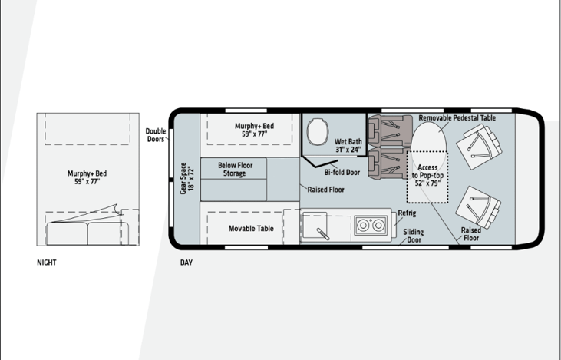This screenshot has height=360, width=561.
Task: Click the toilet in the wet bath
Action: (318, 132)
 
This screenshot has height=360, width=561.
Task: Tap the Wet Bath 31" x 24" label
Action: (348, 145)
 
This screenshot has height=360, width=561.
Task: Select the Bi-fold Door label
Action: (342, 172)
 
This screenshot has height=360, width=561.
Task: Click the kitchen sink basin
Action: (315, 226)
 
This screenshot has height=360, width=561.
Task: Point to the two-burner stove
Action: (371, 225)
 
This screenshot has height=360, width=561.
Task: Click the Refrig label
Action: (407, 213)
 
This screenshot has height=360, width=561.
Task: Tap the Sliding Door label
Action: (414, 236)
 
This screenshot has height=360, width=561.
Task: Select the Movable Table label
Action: (251, 228)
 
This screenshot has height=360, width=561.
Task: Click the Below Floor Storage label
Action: (235, 170)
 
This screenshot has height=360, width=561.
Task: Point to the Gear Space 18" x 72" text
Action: (186, 179)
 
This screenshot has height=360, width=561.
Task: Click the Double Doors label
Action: (156, 135)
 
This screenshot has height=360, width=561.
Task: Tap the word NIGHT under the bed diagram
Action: (47, 263)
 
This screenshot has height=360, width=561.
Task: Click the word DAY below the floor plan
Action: (186, 263)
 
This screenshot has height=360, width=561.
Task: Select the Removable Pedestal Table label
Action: (457, 117)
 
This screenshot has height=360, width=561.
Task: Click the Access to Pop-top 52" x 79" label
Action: (427, 175)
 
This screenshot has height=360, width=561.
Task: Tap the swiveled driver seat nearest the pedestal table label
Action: (479, 147)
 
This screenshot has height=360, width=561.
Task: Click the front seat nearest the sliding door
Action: (478, 207)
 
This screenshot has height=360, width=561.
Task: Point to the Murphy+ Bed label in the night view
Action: (87, 177)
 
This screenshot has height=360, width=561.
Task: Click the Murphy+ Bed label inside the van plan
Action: (254, 130)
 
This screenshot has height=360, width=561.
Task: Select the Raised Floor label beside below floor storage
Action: (325, 190)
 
